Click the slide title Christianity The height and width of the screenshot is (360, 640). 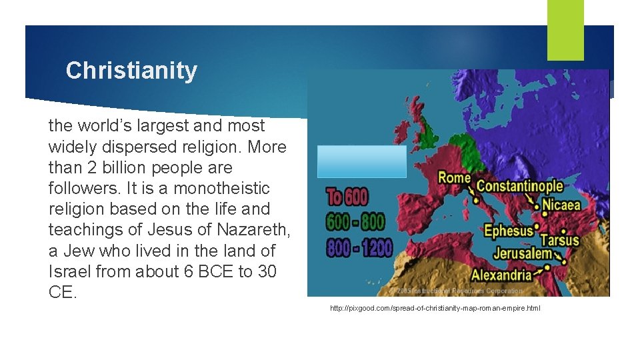[x=131, y=71]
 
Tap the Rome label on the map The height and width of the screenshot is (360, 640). [x=454, y=178]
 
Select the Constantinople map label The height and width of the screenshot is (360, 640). [x=519, y=187]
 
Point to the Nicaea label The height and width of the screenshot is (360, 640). [x=562, y=205]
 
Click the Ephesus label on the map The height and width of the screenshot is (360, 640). [x=509, y=231]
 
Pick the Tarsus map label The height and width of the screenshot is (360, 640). [x=559, y=240]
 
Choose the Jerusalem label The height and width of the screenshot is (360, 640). [x=523, y=254]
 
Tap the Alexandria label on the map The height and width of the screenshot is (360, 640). [x=501, y=275]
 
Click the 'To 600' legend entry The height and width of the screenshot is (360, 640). [x=347, y=197]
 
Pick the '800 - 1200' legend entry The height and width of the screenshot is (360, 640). [x=359, y=247]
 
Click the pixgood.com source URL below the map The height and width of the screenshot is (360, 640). [x=435, y=309]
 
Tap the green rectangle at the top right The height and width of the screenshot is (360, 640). [x=565, y=30]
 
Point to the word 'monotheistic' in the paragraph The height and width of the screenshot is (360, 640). [x=226, y=188]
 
